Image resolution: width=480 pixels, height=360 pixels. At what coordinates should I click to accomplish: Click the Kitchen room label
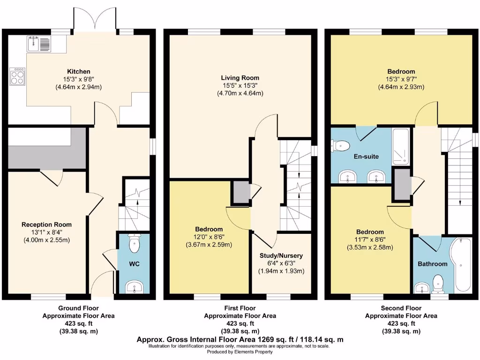(78, 71)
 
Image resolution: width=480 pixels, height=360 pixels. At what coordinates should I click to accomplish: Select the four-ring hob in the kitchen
(17, 76)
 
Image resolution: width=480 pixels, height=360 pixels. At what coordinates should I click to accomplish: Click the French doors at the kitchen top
(94, 20)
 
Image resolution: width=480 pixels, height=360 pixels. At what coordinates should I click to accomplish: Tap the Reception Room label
(46, 225)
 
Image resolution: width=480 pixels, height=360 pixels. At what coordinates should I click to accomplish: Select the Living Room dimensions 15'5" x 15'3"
(240, 85)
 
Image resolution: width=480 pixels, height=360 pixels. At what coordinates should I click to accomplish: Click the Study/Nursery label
(281, 255)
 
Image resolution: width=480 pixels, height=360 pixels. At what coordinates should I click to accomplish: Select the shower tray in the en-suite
(401, 146)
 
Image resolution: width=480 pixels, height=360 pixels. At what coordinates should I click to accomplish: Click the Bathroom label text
(433, 264)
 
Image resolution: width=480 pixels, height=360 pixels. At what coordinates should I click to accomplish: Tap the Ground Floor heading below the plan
(78, 308)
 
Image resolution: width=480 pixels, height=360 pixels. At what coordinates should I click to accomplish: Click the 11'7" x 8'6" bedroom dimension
(370, 240)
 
